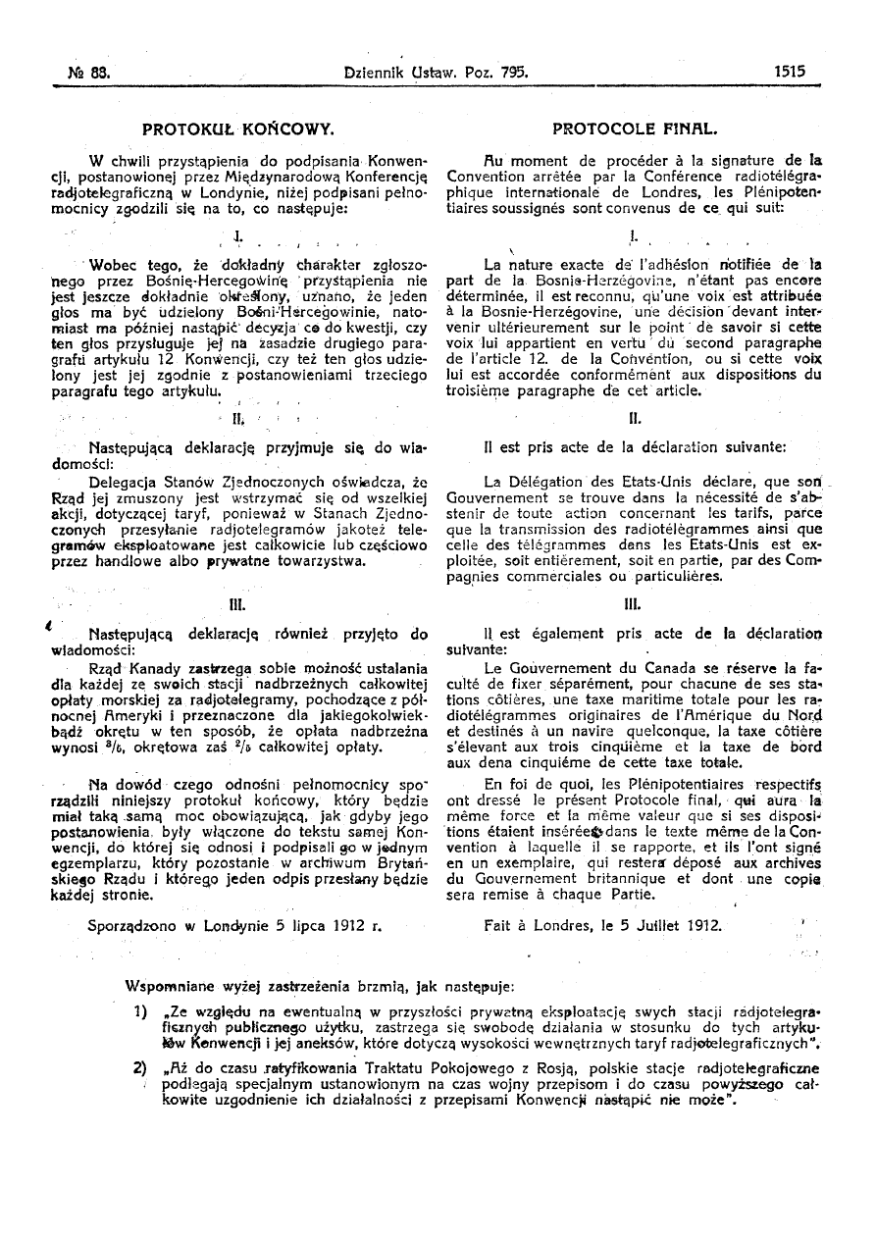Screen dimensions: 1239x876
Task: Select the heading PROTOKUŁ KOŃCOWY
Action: [239, 128]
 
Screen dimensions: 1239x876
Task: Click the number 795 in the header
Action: [512, 72]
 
